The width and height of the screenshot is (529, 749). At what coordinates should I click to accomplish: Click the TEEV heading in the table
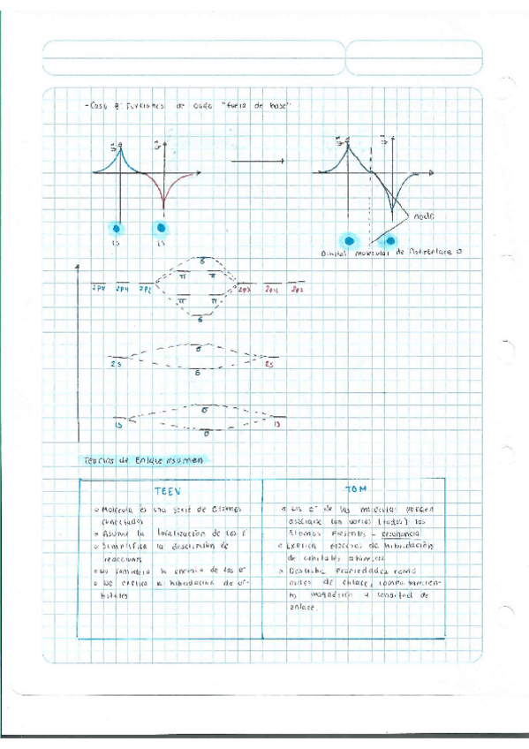click(167, 492)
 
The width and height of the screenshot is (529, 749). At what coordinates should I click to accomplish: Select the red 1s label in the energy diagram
click(277, 425)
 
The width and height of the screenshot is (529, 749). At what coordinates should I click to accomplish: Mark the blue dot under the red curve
click(162, 229)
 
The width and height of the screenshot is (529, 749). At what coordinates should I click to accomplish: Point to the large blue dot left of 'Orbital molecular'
click(350, 239)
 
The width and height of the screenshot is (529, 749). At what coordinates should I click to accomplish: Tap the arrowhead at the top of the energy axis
click(79, 265)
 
